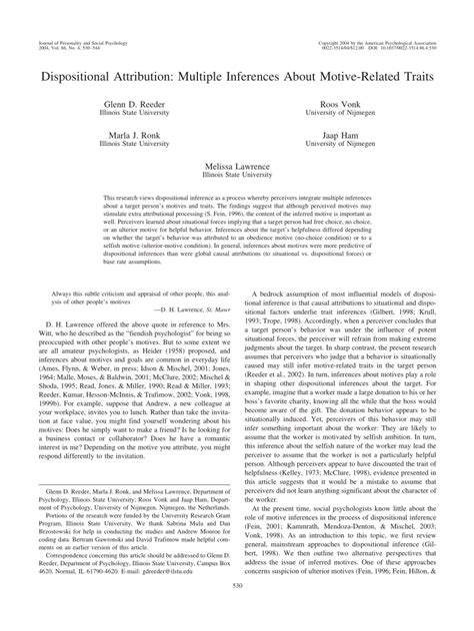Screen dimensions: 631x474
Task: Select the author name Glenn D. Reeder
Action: [x=133, y=104]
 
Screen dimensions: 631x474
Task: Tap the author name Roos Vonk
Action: [x=343, y=104]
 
